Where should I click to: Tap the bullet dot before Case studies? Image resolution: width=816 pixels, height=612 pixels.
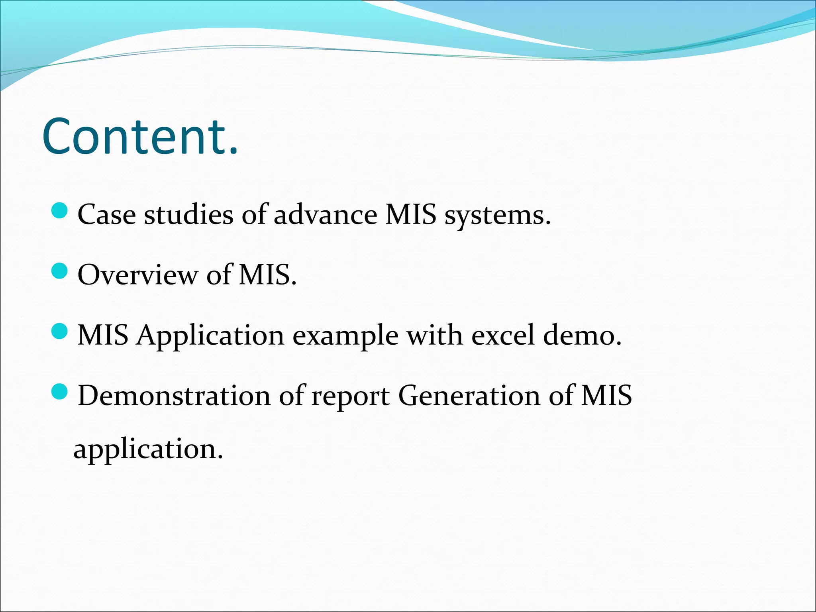tap(60, 210)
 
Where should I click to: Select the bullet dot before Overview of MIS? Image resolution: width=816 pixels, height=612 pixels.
tap(60, 271)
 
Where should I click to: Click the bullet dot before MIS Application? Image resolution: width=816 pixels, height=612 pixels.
tap(60, 331)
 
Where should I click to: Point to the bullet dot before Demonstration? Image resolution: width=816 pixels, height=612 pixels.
tap(60, 391)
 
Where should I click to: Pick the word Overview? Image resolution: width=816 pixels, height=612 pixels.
tap(137, 275)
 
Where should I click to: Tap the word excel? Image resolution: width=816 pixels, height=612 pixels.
tap(503, 335)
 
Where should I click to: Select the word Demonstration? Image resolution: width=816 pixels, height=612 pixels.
tap(174, 396)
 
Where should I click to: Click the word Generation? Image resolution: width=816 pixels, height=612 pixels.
tap(469, 396)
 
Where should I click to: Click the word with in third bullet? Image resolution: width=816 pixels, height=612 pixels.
tap(434, 335)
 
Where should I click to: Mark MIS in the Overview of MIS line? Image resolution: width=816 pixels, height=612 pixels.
tap(267, 275)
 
